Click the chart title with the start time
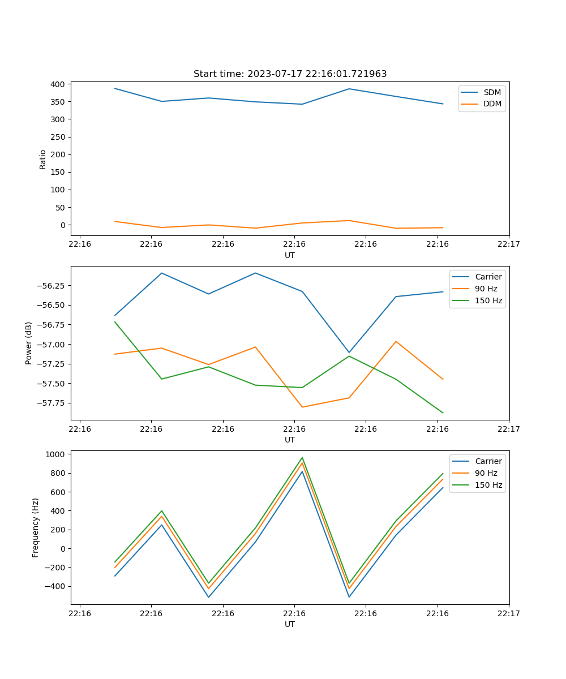[x=290, y=74]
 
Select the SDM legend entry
[x=492, y=92]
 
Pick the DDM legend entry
[x=492, y=104]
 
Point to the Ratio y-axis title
[x=43, y=160]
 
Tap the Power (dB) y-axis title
[x=29, y=343]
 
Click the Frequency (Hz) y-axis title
[x=36, y=527]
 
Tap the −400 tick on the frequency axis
[x=55, y=586]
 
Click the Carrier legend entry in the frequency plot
[x=488, y=461]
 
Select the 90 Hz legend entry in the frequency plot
[x=486, y=473]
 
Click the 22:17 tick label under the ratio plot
[x=509, y=244]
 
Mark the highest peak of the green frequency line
[x=302, y=458]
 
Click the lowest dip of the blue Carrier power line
[x=349, y=353]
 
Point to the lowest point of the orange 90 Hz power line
[x=302, y=407]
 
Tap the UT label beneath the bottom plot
[x=290, y=624]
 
